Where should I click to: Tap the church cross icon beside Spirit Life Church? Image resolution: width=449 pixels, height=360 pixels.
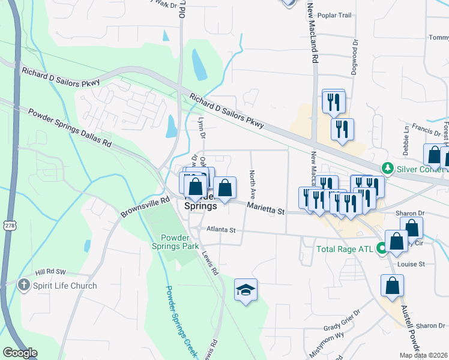click(x=24, y=285)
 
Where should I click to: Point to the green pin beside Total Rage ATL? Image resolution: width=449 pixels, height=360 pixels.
click(x=382, y=247)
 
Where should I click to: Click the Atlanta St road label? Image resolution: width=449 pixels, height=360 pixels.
click(x=221, y=230)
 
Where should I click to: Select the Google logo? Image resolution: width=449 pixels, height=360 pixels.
click(x=20, y=353)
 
